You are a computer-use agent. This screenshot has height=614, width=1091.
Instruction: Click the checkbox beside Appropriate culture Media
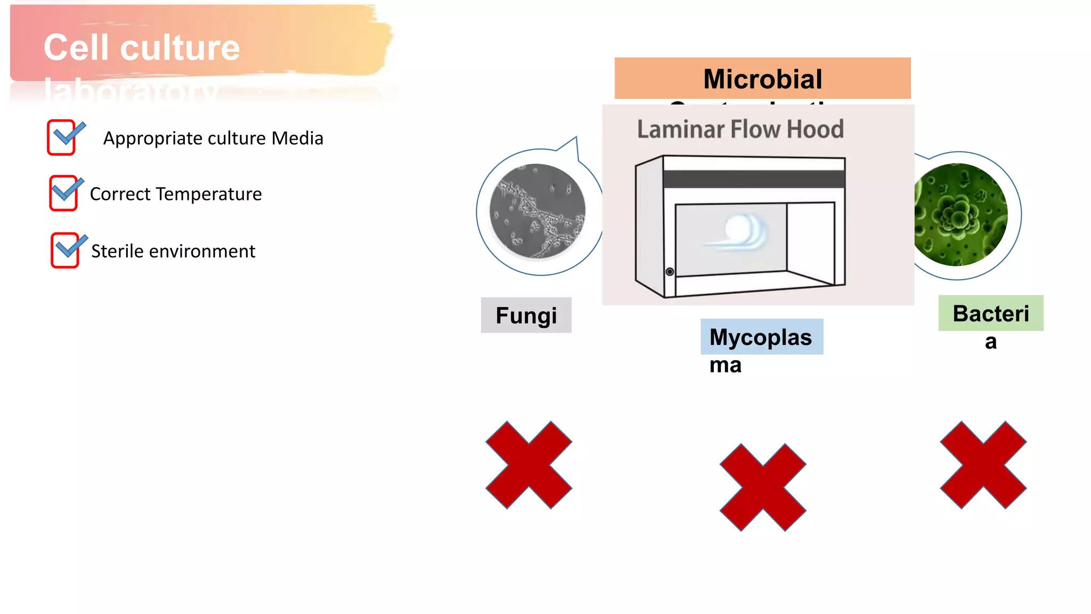coord(62,138)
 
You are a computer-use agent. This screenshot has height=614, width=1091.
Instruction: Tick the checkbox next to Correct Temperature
coord(63,193)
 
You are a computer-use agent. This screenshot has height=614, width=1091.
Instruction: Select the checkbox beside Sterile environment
coord(65,250)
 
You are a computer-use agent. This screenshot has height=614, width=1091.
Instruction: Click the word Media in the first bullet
coord(297,138)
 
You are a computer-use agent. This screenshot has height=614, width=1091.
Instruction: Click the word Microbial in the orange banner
coord(762,79)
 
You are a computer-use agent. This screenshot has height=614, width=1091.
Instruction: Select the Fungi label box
coord(526,315)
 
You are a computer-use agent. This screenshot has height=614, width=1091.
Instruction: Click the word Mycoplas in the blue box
coord(761,337)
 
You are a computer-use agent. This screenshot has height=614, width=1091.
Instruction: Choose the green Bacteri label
coord(990,313)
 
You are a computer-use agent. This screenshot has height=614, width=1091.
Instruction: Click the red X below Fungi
coord(528,465)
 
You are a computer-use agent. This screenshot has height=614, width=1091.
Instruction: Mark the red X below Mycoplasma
coord(762,487)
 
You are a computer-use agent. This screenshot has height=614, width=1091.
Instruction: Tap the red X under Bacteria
coord(983,465)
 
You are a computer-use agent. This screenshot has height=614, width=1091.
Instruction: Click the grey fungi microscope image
coord(537,211)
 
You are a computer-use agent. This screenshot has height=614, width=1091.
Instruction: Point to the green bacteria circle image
coord(960,214)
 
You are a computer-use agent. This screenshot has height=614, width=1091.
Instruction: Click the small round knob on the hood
coord(670,272)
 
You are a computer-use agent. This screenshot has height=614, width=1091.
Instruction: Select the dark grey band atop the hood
coord(754,179)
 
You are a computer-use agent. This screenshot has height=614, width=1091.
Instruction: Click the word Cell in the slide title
coord(79,47)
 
